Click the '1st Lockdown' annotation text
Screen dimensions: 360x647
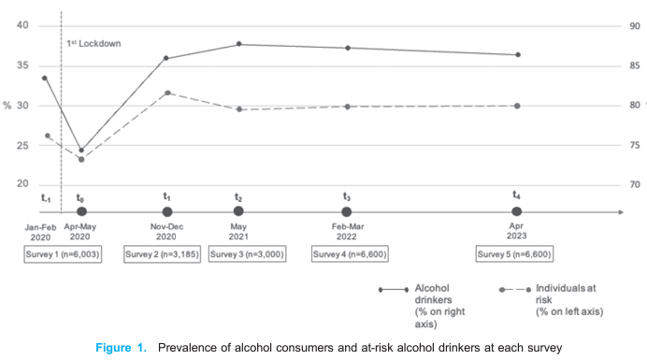[x=94, y=43]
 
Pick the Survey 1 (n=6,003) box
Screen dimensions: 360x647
[x=63, y=254]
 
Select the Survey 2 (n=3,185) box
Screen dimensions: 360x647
[x=165, y=254]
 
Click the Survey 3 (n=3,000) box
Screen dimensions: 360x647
[x=247, y=254]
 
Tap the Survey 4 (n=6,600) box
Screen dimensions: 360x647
[x=349, y=254]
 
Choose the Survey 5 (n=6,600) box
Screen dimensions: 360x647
[x=514, y=254]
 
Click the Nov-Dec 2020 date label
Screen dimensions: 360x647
[x=166, y=231]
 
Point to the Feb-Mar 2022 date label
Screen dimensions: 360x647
[x=348, y=231]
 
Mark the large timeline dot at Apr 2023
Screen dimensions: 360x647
[x=516, y=212]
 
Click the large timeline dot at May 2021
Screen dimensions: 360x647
[x=239, y=212]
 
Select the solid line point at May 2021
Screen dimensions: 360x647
[x=239, y=44]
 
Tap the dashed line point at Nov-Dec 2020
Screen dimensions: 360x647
[x=167, y=93]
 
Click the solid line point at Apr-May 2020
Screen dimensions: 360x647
[x=81, y=150]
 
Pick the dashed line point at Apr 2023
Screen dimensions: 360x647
[x=517, y=106]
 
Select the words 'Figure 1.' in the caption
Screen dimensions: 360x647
[x=122, y=348]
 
